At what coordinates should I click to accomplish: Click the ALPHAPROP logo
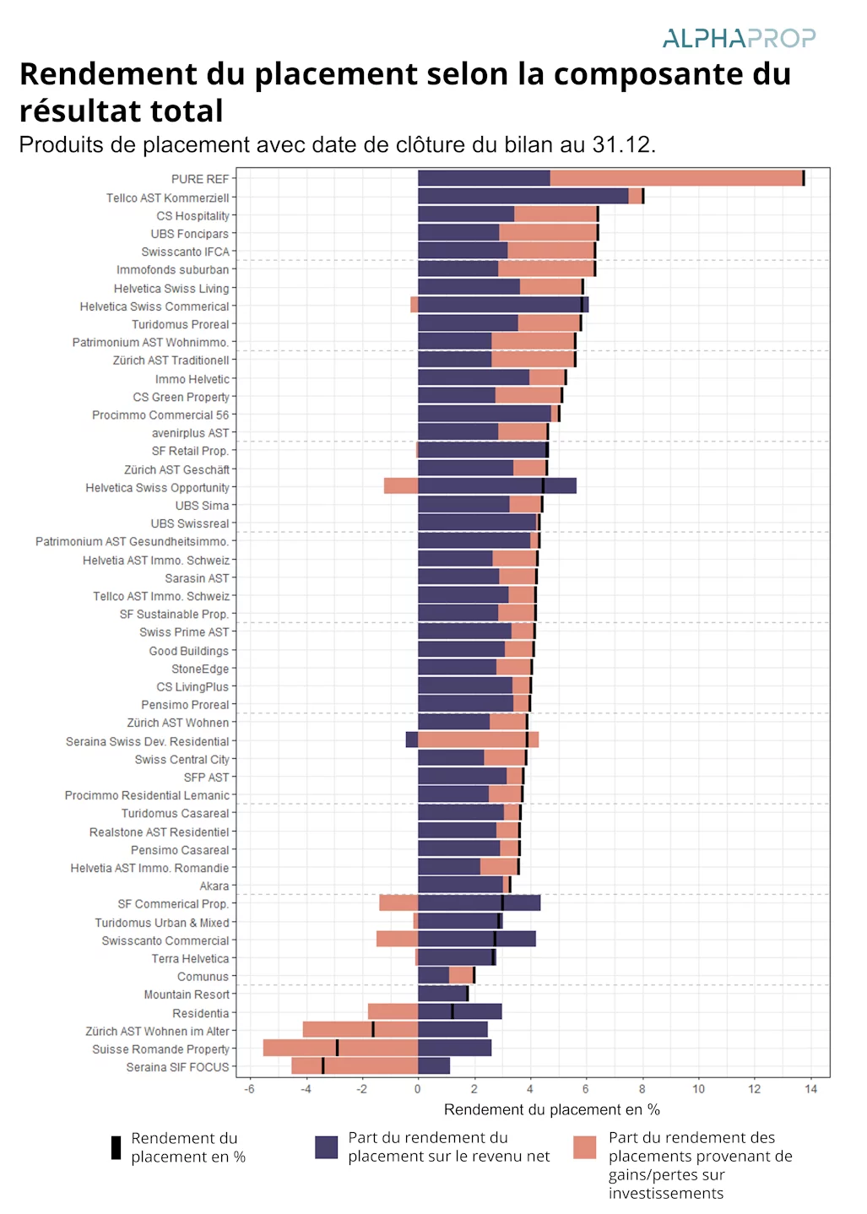[x=739, y=38]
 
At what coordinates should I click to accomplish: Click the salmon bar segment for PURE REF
[x=675, y=178]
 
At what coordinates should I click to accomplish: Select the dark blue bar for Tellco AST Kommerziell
[x=523, y=196]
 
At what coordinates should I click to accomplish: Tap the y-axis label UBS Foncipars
[x=189, y=234]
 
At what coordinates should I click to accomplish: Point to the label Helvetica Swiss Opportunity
[x=157, y=488]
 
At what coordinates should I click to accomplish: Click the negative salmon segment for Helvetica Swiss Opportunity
[x=401, y=486]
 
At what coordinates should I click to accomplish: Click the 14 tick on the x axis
[x=810, y=1089]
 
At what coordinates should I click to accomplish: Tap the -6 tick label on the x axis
[x=250, y=1089]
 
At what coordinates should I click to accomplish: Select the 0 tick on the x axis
[x=418, y=1089]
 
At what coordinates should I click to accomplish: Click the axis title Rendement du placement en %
[x=551, y=1109]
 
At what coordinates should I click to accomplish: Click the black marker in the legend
[x=116, y=1148]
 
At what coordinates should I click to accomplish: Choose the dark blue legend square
[x=326, y=1147]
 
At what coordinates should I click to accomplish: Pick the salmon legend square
[x=584, y=1147]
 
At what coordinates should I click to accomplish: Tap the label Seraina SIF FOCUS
[x=177, y=1067]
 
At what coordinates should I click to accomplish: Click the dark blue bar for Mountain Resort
[x=442, y=995]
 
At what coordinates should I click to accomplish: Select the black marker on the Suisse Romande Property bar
[x=337, y=1048]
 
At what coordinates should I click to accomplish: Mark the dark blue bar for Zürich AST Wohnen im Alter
[x=452, y=1030]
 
